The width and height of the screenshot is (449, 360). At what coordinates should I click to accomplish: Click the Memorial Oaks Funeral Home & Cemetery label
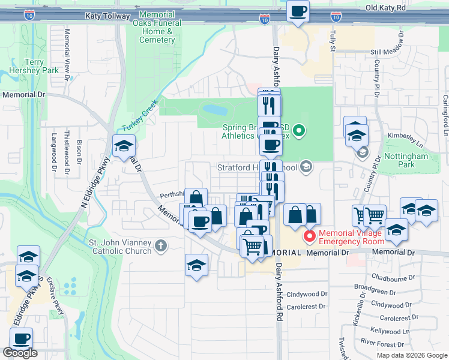pos(157,27)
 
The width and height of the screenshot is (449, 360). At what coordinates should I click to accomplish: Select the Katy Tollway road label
pos(107,16)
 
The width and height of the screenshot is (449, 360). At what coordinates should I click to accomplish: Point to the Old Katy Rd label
pos(385,8)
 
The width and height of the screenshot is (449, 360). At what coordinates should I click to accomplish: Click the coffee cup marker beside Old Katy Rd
pos(298,11)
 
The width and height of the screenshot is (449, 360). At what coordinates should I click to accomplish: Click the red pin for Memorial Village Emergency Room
pos(310,236)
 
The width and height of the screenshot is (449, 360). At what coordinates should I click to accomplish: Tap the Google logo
pos(20,353)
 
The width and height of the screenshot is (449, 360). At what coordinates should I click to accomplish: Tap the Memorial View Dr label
pos(67,50)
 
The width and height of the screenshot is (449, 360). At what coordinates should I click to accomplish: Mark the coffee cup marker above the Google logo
pos(22,338)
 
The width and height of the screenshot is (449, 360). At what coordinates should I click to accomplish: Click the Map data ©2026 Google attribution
pos(412,355)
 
